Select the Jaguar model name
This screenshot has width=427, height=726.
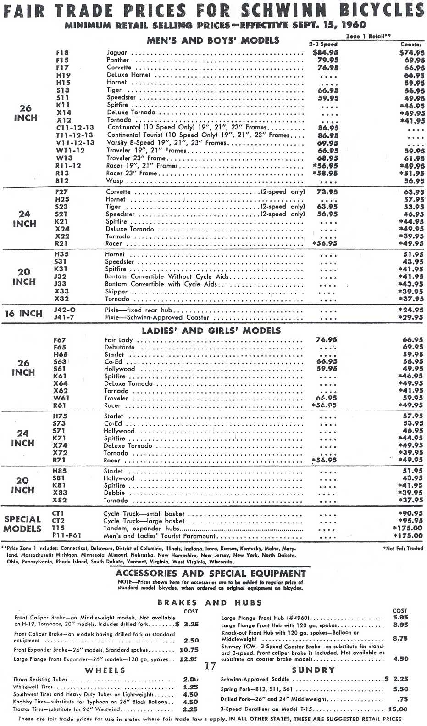pos(117,53)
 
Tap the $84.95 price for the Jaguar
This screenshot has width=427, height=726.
pos(325,53)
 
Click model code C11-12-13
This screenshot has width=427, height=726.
pos(75,128)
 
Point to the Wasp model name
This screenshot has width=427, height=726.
pos(115,181)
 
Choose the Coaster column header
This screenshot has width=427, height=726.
pos(411,45)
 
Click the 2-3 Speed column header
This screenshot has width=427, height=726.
pos(323,45)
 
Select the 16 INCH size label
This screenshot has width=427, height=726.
pos(23,314)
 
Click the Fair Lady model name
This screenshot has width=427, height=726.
pos(118,340)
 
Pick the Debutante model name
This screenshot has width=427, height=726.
pos(119,348)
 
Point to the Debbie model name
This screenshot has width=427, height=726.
pos(114,493)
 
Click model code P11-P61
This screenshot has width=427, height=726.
pos(67,535)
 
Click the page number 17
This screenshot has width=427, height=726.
pos(210,666)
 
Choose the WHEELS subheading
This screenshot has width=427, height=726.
pos(105,670)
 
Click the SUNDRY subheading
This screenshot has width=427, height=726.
pos(313,670)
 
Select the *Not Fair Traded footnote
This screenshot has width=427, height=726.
pos(403,548)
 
